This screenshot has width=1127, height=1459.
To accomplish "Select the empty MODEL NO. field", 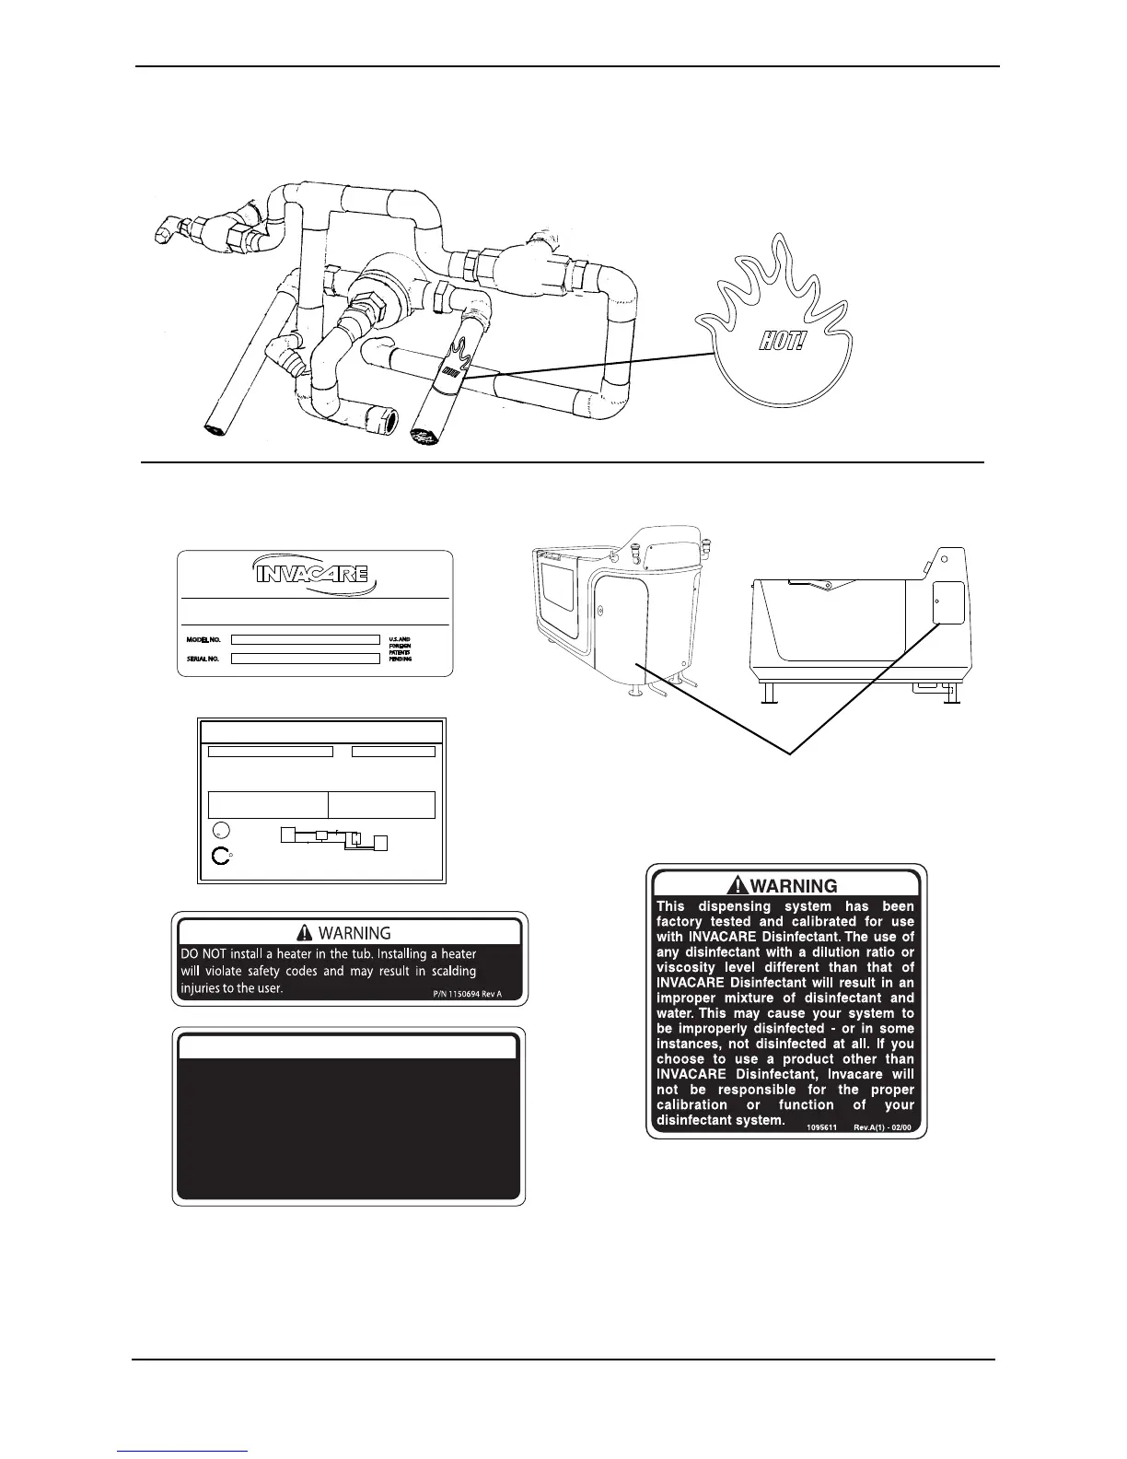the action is pyautogui.click(x=305, y=639).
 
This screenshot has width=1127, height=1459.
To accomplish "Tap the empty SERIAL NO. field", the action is pyautogui.click(x=305, y=659).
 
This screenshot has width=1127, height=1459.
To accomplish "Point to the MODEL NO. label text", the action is pyautogui.click(x=203, y=639).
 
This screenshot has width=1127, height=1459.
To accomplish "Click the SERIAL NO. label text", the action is pyautogui.click(x=203, y=659).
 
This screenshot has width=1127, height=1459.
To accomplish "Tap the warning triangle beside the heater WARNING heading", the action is pyautogui.click(x=304, y=933).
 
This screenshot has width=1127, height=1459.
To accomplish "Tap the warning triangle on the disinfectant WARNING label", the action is pyautogui.click(x=738, y=886).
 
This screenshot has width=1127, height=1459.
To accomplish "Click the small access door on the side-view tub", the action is pyautogui.click(x=947, y=604).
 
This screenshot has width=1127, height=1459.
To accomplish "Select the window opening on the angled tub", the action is pyautogui.click(x=564, y=602).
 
